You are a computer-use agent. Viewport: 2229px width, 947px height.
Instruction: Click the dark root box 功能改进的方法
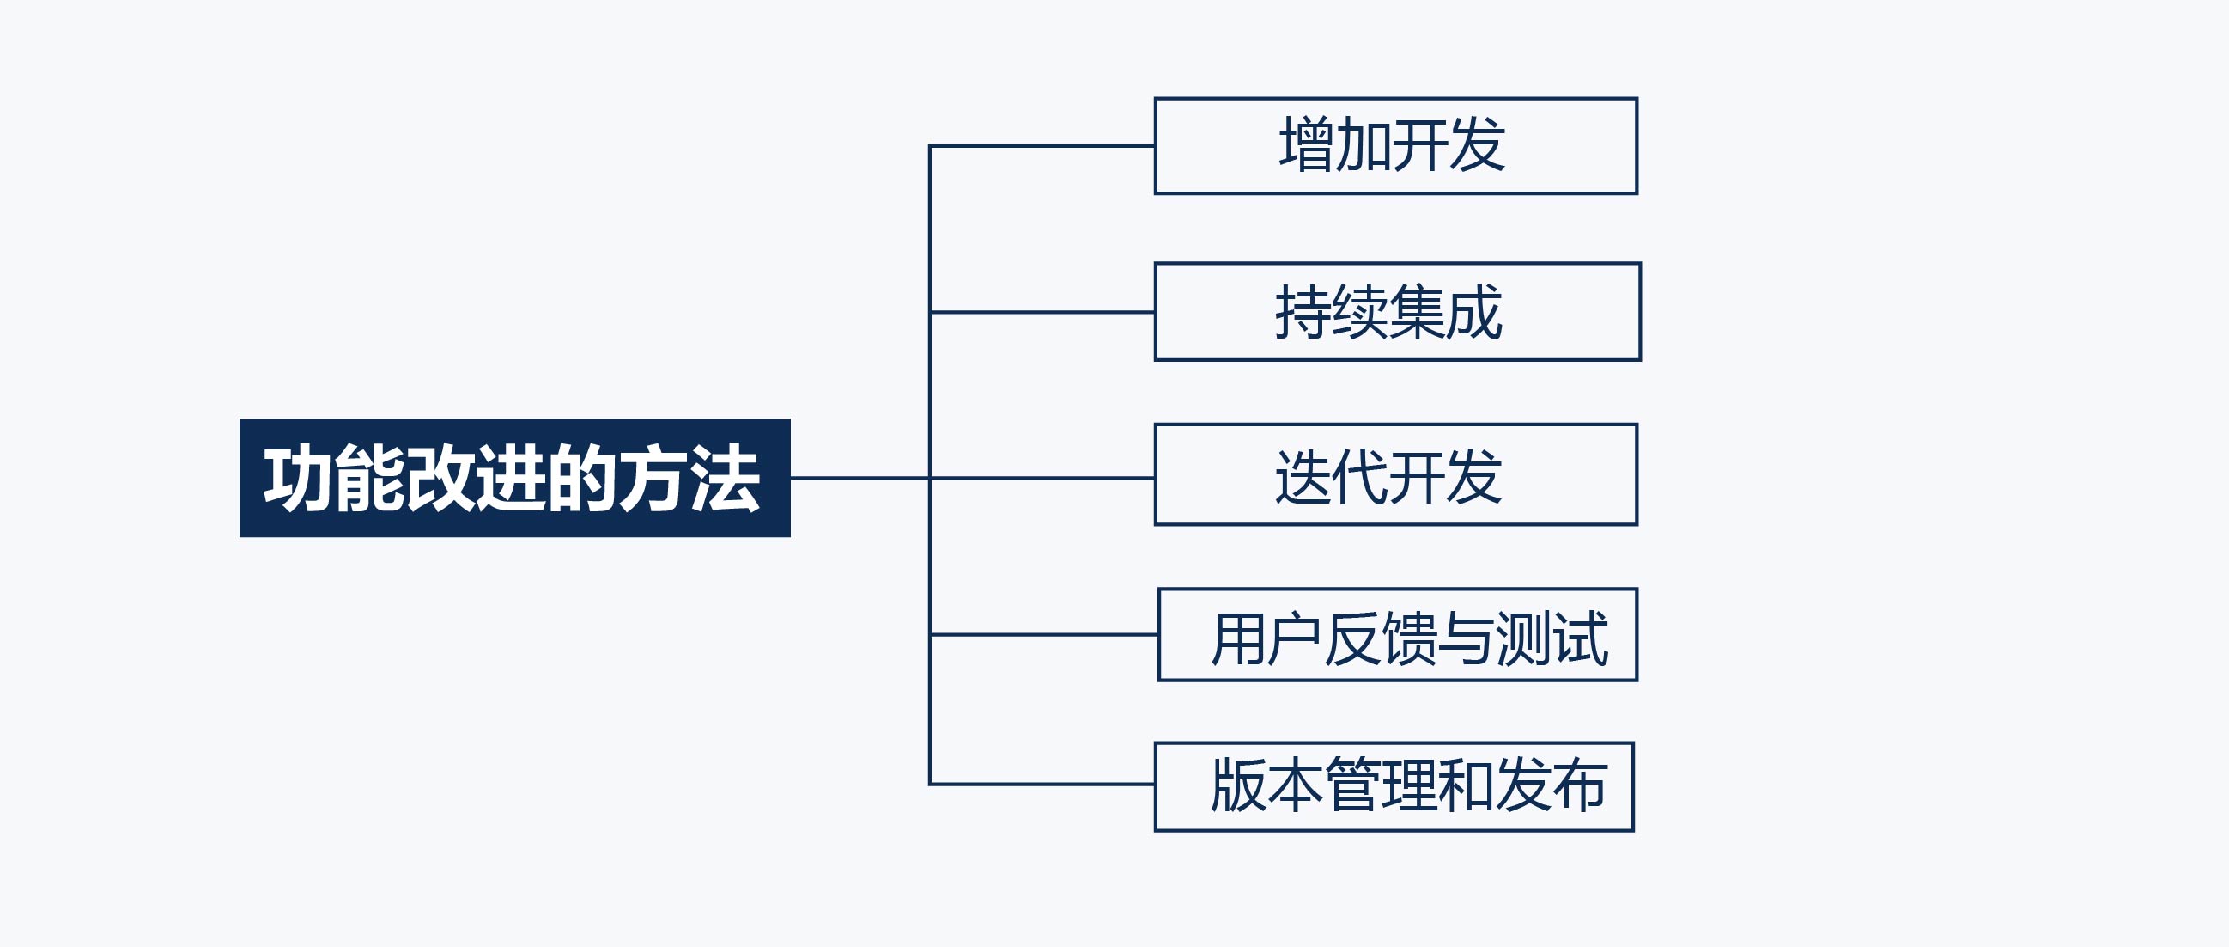pos(515,478)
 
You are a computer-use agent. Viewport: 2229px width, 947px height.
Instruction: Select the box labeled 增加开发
pos(1396,145)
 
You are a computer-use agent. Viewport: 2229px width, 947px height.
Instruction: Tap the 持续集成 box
pos(1398,312)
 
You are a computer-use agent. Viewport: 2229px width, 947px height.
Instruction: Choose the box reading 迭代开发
pos(1396,474)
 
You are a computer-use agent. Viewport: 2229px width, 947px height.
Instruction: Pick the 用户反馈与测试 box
pos(1398,634)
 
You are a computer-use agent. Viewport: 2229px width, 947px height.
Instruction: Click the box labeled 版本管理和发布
pos(1394,787)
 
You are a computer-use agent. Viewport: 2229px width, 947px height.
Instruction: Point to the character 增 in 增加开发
pos(1307,144)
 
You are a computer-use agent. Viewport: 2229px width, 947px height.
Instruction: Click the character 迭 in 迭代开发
pos(1303,476)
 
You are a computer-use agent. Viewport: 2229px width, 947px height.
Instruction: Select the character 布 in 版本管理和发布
pos(1579,785)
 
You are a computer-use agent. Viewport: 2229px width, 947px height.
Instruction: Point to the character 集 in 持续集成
pos(1417,312)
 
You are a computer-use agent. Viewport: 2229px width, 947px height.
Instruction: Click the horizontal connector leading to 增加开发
pos(1042,146)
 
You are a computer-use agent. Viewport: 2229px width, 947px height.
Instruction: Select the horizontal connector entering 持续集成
pos(1042,312)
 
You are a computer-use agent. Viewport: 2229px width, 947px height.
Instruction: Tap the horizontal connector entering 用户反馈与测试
pos(1043,634)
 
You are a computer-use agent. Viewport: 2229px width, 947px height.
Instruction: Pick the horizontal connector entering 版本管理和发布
pos(1042,785)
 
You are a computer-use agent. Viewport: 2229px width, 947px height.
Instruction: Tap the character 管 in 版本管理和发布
pos(1352,785)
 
